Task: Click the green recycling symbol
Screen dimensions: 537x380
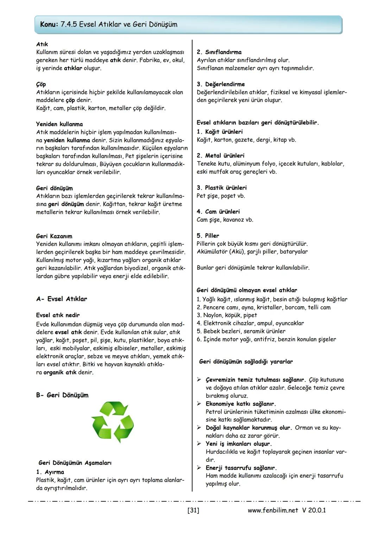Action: pyautogui.click(x=112, y=422)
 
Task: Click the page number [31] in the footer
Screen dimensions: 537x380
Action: pyautogui.click(x=194, y=510)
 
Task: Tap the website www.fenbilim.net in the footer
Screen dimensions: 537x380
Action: pyautogui.click(x=273, y=510)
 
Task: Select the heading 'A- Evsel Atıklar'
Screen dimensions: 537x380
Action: pyautogui.click(x=62, y=299)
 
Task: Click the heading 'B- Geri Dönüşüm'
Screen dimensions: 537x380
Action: pyautogui.click(x=62, y=395)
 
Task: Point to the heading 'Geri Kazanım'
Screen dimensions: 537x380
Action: pyautogui.click(x=54, y=236)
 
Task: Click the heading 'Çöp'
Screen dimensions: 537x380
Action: pyautogui.click(x=41, y=84)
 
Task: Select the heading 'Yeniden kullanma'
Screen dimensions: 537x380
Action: pyautogui.click(x=59, y=124)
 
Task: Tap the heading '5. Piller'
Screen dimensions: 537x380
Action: pyautogui.click(x=208, y=236)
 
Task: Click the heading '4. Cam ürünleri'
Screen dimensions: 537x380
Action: pyautogui.click(x=218, y=211)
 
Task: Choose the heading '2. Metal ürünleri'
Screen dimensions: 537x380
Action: pyautogui.click(x=220, y=155)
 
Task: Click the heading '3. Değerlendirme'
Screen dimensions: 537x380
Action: pyautogui.click(x=221, y=84)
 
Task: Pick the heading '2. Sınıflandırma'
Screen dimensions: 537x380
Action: pyautogui.click(x=219, y=52)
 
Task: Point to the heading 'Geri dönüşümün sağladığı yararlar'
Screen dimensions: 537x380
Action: pyautogui.click(x=246, y=362)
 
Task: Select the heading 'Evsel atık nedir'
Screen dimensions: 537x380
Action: pyautogui.click(x=58, y=315)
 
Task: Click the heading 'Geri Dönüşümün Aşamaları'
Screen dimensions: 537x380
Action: pyautogui.click(x=75, y=463)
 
